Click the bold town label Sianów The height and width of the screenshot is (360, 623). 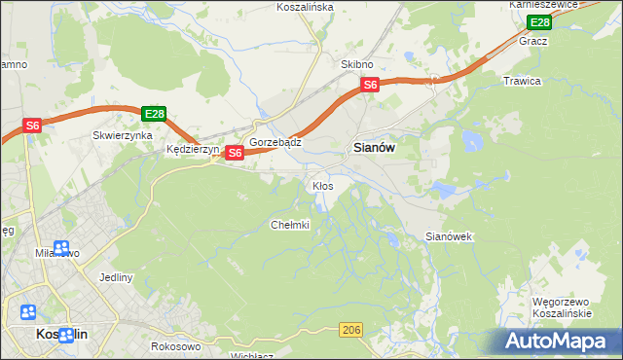pos(371,149)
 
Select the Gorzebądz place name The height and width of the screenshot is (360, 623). pos(275,142)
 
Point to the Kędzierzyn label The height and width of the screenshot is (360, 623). pos(193,151)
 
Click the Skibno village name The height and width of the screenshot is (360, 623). pos(357,64)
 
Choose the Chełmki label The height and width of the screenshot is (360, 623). pos(289,225)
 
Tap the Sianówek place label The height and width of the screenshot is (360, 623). pos(449,236)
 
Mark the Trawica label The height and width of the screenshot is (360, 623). pos(522,81)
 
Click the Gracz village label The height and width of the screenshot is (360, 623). pos(533,42)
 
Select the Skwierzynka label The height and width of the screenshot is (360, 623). pos(123,136)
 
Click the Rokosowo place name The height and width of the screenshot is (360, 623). pos(176,346)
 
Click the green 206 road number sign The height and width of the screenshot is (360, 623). pos(352,332)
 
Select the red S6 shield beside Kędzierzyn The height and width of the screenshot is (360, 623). pos(235,153)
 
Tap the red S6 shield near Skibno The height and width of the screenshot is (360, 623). pos(370,86)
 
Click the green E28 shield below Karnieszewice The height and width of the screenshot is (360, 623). pos(538,22)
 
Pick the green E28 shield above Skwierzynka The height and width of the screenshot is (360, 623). pos(153,115)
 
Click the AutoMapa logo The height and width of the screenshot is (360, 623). pos(557,341)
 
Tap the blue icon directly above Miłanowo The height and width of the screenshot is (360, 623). pos(61,248)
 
